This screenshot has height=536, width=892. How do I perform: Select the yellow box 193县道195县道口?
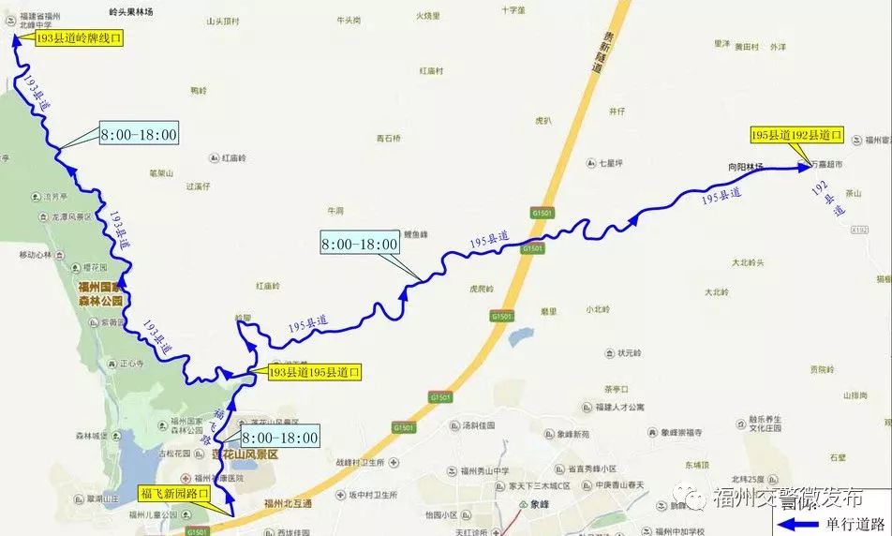coord(314,372)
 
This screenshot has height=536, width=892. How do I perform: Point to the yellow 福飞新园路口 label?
coord(174,492)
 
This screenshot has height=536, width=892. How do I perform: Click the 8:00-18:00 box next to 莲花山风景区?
coord(280,438)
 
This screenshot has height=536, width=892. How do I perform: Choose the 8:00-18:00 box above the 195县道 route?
coord(360,244)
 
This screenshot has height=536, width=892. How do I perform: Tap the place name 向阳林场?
coord(746,167)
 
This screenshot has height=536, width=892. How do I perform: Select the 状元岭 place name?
coord(629,353)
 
